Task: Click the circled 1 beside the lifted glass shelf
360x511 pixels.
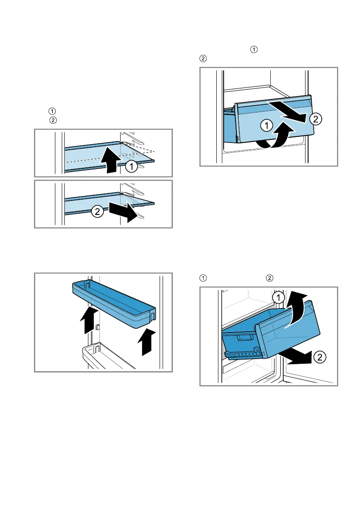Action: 131,166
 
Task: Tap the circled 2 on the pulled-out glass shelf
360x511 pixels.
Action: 97,212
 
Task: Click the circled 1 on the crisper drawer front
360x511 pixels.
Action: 266,125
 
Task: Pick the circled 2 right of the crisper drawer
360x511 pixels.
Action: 315,119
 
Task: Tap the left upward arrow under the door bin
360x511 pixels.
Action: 89,321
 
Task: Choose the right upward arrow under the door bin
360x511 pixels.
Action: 146,342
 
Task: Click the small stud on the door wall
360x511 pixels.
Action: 97,327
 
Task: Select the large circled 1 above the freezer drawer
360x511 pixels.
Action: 278,297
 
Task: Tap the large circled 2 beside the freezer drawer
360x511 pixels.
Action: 320,357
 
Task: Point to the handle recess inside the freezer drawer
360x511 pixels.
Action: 245,338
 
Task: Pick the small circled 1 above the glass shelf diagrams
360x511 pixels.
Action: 52,111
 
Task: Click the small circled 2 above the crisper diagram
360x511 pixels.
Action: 203,59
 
